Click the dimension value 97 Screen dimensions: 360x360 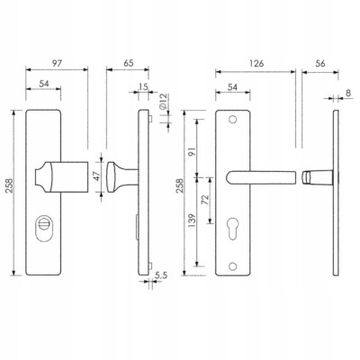[57, 64]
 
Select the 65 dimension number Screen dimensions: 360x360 [128, 64]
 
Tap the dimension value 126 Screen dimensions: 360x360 [256, 64]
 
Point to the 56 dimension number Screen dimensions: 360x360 [320, 64]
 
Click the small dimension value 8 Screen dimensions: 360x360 [348, 93]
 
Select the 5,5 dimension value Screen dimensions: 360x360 [161, 275]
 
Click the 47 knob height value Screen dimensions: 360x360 [96, 176]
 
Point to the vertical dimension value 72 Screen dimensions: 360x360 [205, 200]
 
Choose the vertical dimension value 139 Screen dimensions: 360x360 [192, 220]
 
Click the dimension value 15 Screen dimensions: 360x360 [144, 87]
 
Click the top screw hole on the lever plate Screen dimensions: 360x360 [232, 120]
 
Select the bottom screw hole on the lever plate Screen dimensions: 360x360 [232, 265]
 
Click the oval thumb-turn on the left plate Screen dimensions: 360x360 [43, 228]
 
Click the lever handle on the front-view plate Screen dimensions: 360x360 [260, 177]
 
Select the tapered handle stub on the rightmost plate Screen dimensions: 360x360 [318, 177]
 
